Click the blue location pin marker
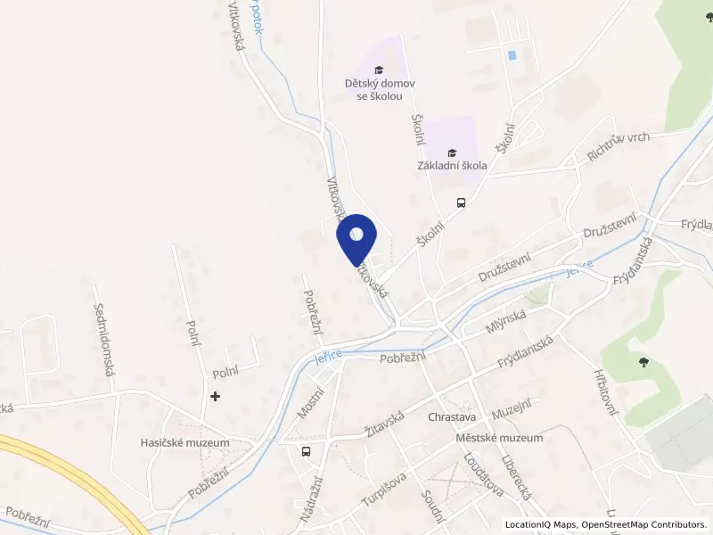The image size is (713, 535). click(x=356, y=236)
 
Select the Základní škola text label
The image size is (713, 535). click(x=452, y=165)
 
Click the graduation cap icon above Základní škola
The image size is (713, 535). click(x=452, y=152)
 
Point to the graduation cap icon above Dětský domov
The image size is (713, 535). click(x=378, y=70)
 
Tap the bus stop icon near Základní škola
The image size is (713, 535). click(x=461, y=202)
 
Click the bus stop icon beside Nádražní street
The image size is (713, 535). click(x=307, y=451)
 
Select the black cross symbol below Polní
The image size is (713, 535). click(x=215, y=395)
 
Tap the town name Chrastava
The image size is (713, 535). click(x=453, y=416)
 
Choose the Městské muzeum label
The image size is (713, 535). click(x=498, y=438)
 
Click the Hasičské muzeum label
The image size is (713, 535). click(x=185, y=442)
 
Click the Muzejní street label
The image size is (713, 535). click(x=512, y=412)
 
